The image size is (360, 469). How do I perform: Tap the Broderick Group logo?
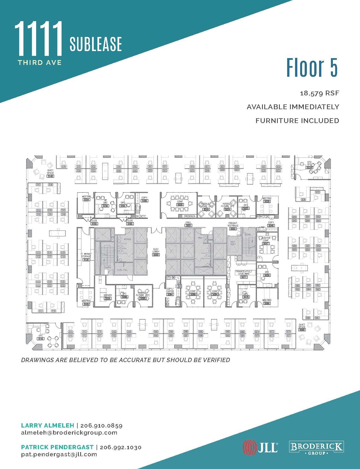pos(316,448)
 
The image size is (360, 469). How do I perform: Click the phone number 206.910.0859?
pos(101,426)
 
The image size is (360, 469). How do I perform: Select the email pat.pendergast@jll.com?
pos(59,454)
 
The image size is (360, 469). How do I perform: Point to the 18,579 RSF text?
pos(319,93)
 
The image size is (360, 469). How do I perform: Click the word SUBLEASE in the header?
pos(96,44)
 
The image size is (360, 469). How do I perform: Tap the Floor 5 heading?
pos(312,68)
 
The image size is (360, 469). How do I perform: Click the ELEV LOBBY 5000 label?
pos(156,253)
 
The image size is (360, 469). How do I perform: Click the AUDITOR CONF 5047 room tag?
pos(266,242)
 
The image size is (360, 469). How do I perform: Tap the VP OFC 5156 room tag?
pos(105,204)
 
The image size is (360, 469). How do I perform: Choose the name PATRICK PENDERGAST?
pos(57,447)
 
